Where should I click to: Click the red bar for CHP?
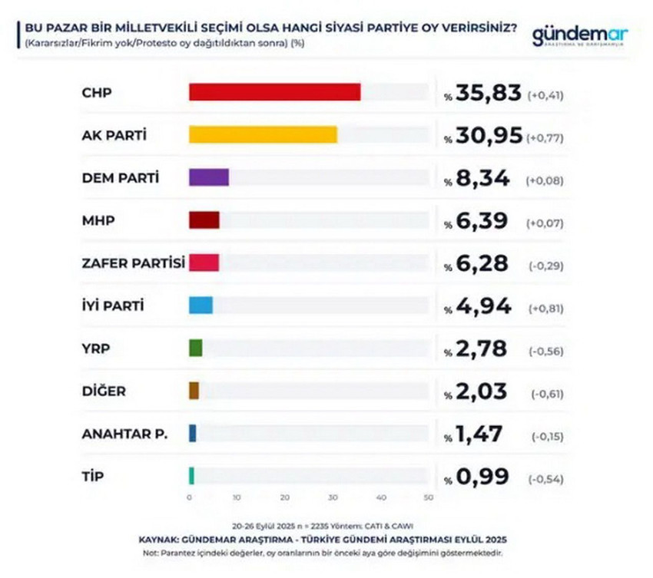point(274,92)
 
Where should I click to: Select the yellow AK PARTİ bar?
point(263,135)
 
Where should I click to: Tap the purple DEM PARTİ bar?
point(208,177)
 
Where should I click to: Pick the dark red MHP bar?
point(204,220)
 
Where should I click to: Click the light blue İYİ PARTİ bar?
point(201,306)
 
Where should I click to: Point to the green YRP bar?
point(195,348)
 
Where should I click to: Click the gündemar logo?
point(580,36)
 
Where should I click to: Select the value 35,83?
point(489,94)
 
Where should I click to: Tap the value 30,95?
point(489,137)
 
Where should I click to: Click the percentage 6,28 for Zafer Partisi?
point(482,264)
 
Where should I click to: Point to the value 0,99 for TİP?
point(482,477)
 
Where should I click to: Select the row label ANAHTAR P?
point(124,434)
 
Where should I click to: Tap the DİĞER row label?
point(104,391)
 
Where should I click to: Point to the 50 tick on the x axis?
point(428,497)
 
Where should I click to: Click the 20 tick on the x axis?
point(285,497)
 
